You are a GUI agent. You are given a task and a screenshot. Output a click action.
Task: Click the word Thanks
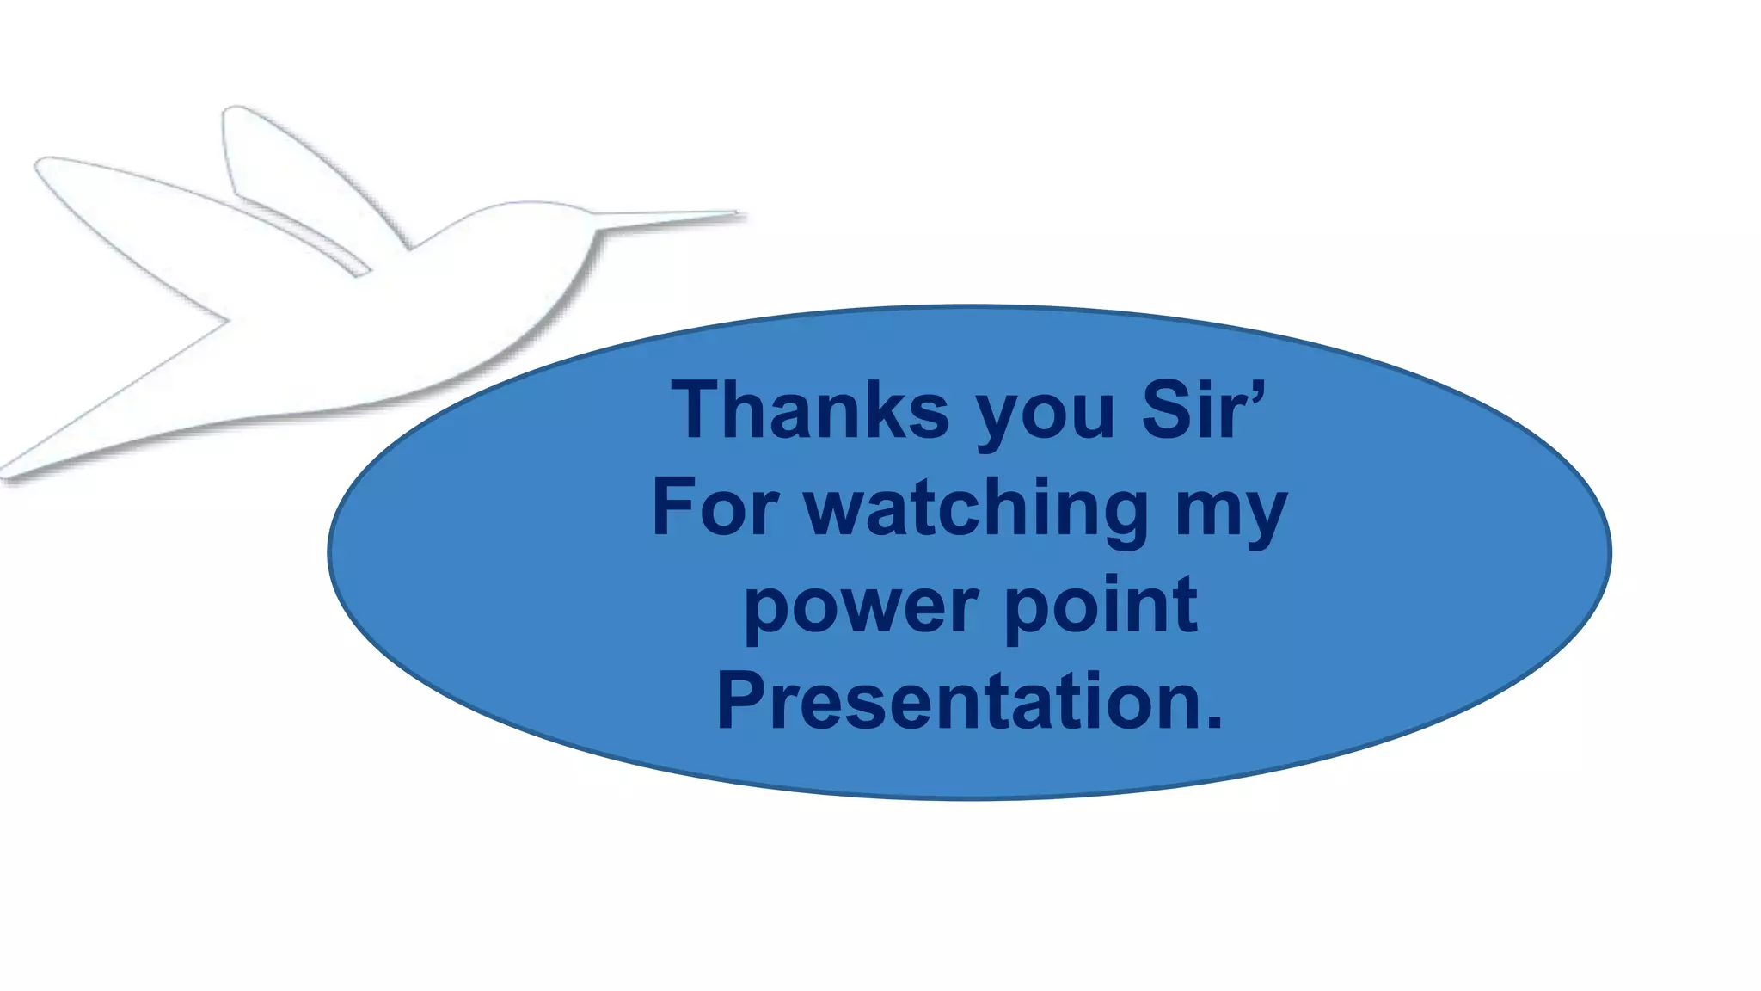click(x=810, y=411)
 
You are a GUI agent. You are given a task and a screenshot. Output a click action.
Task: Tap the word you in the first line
click(x=1046, y=417)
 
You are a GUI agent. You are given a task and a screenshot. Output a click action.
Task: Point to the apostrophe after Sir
click(x=1257, y=395)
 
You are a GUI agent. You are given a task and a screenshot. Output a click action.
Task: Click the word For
click(x=715, y=508)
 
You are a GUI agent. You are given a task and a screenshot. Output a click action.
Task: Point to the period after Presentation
click(x=1213, y=723)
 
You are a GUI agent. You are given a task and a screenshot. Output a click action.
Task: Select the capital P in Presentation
click(x=741, y=702)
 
